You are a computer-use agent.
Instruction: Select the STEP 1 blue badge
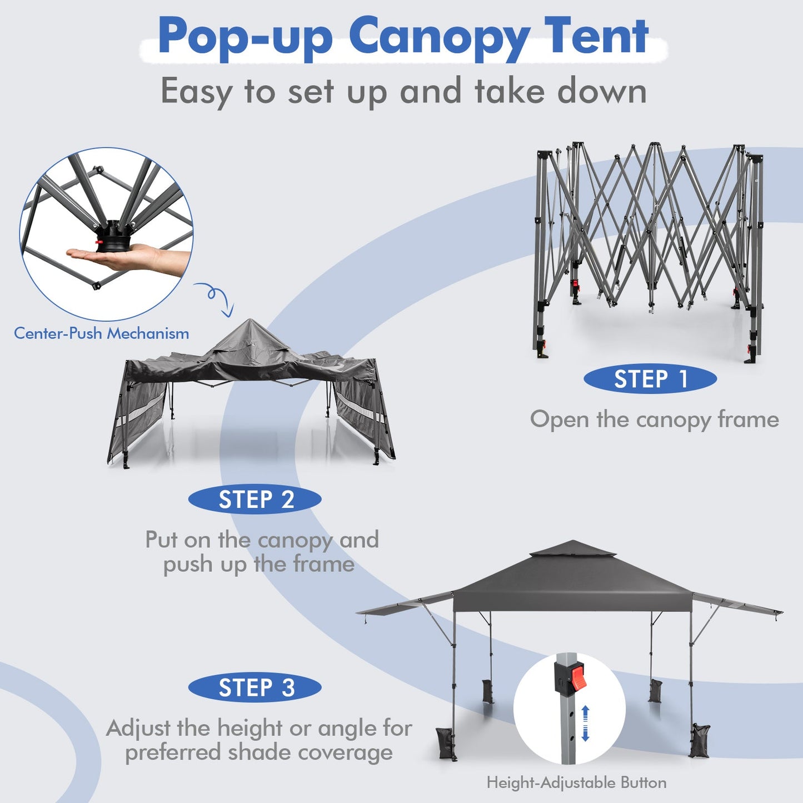(x=650, y=380)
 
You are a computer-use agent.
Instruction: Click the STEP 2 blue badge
(x=255, y=500)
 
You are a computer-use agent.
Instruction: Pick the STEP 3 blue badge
(x=255, y=688)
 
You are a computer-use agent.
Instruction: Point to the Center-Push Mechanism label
(x=101, y=333)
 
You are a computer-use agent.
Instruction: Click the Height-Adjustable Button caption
(x=576, y=783)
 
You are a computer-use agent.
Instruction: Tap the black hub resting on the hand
(x=113, y=239)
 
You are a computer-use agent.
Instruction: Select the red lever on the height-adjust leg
(x=578, y=678)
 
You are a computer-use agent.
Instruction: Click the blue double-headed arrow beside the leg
(x=585, y=723)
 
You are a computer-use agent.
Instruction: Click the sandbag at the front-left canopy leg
(x=446, y=742)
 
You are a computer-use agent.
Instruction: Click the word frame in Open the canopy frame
(x=748, y=420)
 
